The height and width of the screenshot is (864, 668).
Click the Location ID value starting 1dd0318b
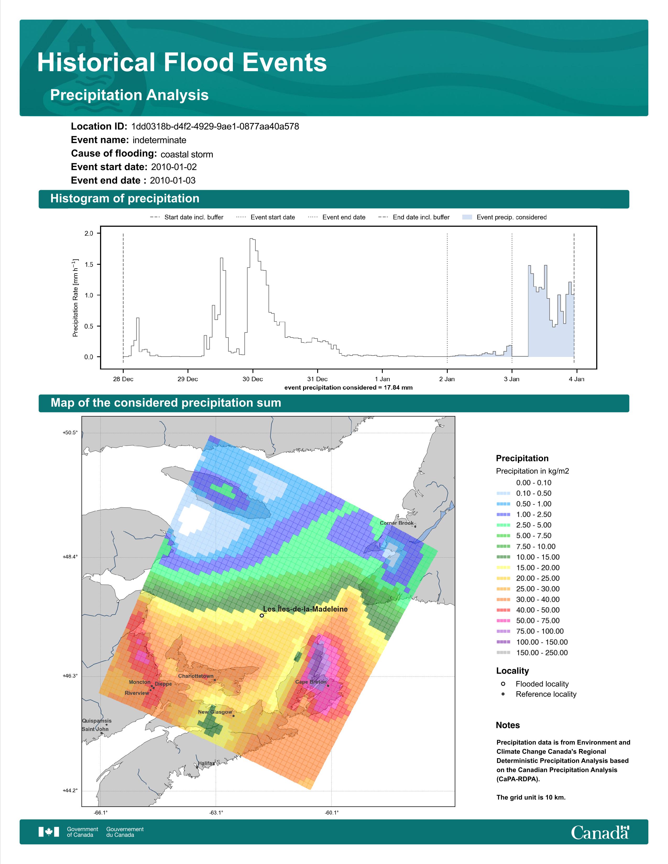pyautogui.click(x=215, y=127)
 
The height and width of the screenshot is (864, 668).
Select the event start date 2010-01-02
pyautogui.click(x=174, y=167)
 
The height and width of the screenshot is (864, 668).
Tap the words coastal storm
pyautogui.click(x=187, y=154)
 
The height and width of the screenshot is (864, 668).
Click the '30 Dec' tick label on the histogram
pyautogui.click(x=253, y=379)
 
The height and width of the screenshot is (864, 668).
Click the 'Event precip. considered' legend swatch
pyautogui.click(x=467, y=217)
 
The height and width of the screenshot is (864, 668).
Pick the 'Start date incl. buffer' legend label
pyautogui.click(x=194, y=217)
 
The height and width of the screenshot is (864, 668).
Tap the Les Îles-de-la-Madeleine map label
pyautogui.click(x=305, y=609)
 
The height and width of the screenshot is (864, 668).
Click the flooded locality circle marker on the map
pyautogui.click(x=262, y=615)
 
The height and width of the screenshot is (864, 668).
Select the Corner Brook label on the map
pyautogui.click(x=397, y=523)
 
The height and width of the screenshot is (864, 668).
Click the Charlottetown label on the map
pyautogui.click(x=195, y=676)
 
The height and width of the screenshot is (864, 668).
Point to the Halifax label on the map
pyautogui.click(x=206, y=763)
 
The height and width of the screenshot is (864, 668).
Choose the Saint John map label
pyautogui.click(x=95, y=729)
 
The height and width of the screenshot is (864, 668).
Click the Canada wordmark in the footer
pyautogui.click(x=600, y=833)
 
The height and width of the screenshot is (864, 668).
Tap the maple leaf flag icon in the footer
pyautogui.click(x=49, y=832)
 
